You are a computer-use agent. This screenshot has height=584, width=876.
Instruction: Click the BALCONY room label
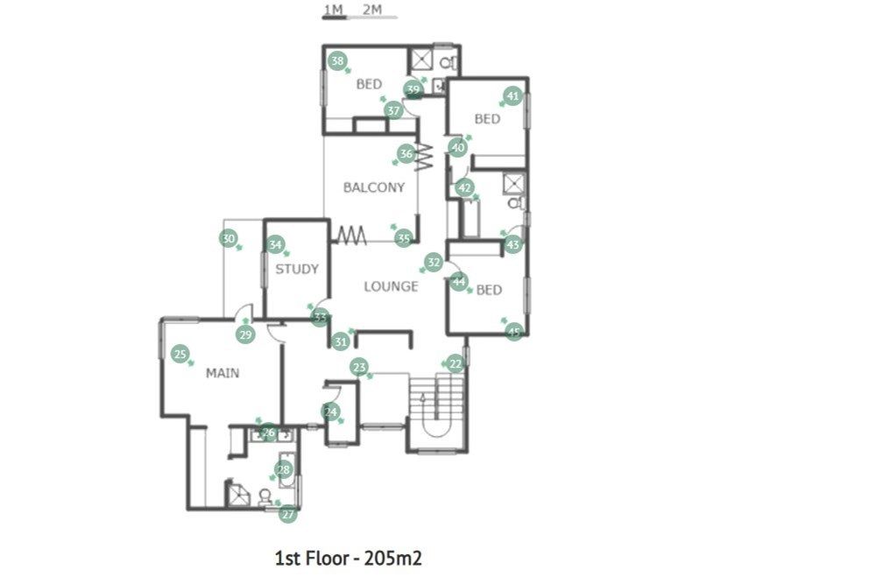click(374, 187)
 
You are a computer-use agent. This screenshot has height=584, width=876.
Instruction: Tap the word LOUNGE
click(391, 286)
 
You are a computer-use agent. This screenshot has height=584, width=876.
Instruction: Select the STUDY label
click(297, 269)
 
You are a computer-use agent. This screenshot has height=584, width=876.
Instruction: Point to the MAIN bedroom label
click(223, 373)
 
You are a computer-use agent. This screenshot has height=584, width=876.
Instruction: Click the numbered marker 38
click(337, 60)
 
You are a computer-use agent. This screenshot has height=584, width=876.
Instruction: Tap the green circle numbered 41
click(512, 96)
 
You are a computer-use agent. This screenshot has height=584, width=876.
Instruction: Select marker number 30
click(229, 239)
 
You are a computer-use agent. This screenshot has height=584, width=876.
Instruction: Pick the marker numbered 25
click(180, 354)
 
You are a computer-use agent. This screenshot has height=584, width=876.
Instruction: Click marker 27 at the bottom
click(287, 514)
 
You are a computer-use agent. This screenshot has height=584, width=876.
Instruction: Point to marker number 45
click(514, 332)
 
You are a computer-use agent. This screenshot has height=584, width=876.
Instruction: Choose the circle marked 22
click(456, 364)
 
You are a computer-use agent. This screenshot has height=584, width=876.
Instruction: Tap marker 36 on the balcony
click(406, 153)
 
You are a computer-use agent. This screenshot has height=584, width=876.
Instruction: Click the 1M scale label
click(334, 9)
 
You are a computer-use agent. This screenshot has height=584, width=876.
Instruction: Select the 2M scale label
click(372, 9)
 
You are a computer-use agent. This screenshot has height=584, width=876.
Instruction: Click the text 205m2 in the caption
click(393, 558)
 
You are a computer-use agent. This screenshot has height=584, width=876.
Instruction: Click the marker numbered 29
click(245, 334)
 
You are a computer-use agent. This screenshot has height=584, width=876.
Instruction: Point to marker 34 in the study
click(275, 244)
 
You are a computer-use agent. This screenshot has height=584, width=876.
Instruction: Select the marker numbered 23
click(359, 367)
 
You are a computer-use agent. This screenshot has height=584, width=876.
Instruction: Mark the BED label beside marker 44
click(489, 290)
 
